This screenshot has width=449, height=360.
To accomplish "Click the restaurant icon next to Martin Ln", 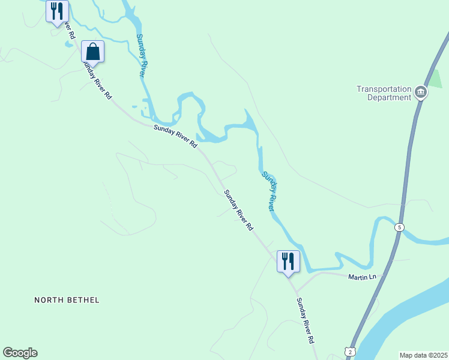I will pos(288,261).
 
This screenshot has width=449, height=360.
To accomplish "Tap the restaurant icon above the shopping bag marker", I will pos(57,10).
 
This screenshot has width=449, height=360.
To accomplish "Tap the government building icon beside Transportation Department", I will pos(420,93).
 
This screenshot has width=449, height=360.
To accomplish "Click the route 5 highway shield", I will pos(400,227).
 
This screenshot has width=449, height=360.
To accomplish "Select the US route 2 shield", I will pos(350,352).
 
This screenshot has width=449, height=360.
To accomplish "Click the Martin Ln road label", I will pos(363,277).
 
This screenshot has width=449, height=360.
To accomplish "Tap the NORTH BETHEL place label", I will pos(67,299).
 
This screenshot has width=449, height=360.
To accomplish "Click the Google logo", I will pos(20,353).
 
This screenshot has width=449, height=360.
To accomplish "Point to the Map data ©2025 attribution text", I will pos(423,355).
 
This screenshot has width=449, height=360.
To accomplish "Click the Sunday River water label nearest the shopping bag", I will pos(141,55).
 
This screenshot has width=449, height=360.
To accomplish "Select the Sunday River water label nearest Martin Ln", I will pos(268,191).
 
